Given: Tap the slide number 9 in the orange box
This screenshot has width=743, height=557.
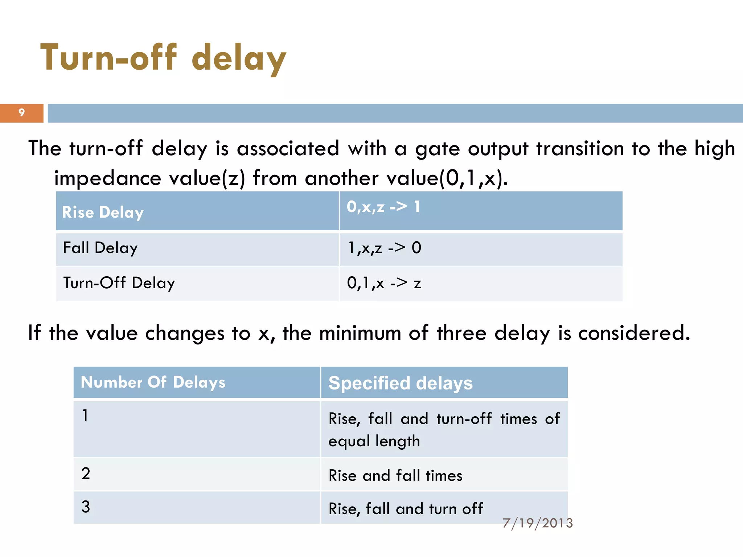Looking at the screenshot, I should tap(21, 113).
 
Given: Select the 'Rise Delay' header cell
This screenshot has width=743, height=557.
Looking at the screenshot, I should tap(103, 213).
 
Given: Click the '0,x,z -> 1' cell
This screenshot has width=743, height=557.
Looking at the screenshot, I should tap(383, 207).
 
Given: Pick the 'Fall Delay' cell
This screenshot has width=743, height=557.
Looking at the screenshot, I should tap(100, 248).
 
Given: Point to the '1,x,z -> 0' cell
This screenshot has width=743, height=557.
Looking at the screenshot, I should tap(384, 248).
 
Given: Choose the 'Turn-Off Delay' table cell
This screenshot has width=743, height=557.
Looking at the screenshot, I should tap(119, 283).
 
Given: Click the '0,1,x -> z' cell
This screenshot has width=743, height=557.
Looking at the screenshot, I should tap(384, 283).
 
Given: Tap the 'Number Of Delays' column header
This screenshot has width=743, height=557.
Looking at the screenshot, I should tap(153, 383).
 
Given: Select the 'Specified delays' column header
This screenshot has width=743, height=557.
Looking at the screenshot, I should tap(401, 383).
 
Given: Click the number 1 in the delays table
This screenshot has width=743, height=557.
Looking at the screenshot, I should tap(85, 416).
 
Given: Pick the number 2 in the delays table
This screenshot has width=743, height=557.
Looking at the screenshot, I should tap(86, 474).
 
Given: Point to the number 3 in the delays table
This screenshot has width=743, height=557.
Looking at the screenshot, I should tap(86, 507).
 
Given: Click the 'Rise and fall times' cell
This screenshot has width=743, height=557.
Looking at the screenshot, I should tap(395, 476).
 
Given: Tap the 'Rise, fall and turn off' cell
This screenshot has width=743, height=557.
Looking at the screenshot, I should tap(406, 509).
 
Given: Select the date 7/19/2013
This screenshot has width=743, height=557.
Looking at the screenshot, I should tap(538, 523).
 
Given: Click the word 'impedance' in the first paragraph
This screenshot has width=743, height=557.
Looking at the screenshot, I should tap(107, 178).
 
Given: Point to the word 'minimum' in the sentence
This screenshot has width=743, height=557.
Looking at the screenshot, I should tap(360, 333).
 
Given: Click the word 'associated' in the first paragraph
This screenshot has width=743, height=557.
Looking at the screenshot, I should tap(288, 149).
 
